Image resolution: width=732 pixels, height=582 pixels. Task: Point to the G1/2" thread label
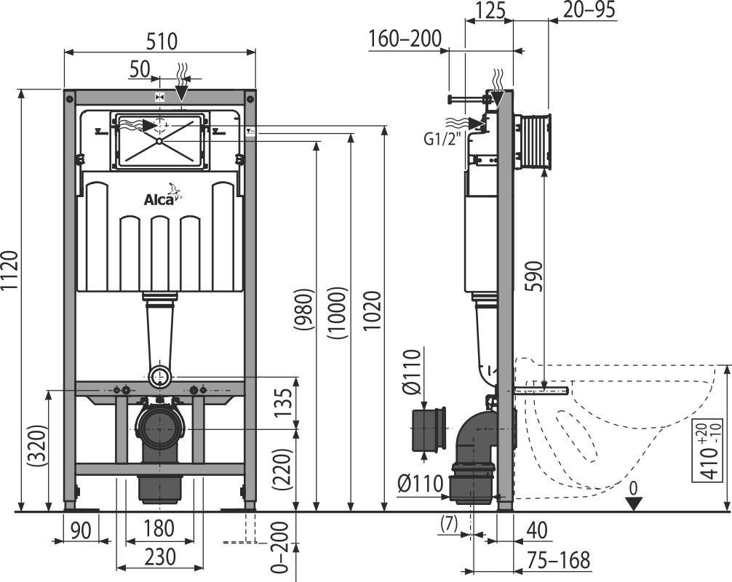coord(442,137)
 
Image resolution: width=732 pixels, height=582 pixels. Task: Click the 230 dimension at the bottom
coord(159,557)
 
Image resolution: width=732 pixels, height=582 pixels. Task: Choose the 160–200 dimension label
coord(405,39)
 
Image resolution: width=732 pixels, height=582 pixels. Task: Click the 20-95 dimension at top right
coord(589,9)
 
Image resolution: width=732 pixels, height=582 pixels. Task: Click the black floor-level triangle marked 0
coord(634,503)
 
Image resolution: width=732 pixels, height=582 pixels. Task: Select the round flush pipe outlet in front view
coord(161,376)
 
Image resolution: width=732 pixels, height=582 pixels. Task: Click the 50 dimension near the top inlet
coord(139,69)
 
